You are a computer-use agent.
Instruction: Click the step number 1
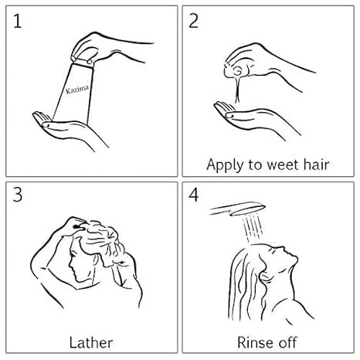(17, 21)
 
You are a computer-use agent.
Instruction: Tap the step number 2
(194, 21)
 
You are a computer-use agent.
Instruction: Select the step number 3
(18, 195)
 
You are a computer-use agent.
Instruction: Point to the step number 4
(194, 195)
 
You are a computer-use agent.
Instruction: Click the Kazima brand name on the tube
(77, 90)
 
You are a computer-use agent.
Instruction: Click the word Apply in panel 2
(225, 165)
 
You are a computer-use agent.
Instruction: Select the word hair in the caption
(317, 165)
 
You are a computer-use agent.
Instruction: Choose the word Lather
(91, 342)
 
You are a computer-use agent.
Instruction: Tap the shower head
(238, 209)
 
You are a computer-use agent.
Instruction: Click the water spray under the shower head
(252, 229)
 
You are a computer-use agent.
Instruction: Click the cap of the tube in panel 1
(83, 62)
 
